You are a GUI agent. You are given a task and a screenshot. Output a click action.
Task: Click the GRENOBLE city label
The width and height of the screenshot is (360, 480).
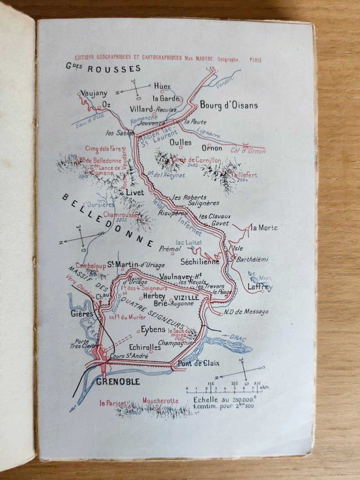click(118, 382)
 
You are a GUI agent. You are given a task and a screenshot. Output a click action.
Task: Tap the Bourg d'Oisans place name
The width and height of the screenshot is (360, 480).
click(229, 105)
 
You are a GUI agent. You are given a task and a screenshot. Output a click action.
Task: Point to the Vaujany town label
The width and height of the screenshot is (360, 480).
click(94, 94)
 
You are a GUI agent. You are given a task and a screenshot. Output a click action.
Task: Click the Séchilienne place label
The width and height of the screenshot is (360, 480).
click(199, 261)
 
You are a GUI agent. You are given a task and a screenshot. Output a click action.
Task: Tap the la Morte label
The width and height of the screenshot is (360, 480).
click(265, 228)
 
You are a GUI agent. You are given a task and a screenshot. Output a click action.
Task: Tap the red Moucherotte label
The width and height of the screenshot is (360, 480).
click(161, 400)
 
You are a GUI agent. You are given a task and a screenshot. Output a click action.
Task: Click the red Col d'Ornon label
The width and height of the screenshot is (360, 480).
click(248, 151)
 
